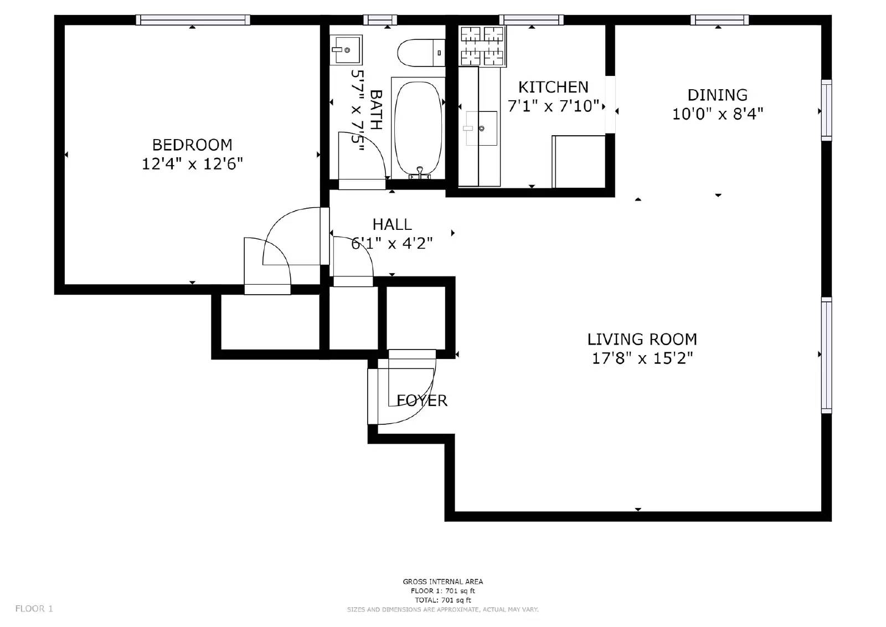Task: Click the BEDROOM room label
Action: pyautogui.click(x=192, y=145)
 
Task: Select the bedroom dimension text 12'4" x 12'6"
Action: pyautogui.click(x=192, y=164)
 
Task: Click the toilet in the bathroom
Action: pyautogui.click(x=421, y=53)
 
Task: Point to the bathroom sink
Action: pyautogui.click(x=346, y=50)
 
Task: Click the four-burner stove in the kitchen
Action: pyautogui.click(x=482, y=47)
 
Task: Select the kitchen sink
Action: pyautogui.click(x=481, y=129)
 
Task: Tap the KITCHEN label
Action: pyautogui.click(x=553, y=87)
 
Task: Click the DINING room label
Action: pyautogui.click(x=717, y=95)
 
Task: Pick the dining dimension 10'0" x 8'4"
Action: pyautogui.click(x=717, y=114)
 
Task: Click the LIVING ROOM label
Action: pyautogui.click(x=642, y=339)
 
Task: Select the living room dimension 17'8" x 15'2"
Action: pyautogui.click(x=642, y=358)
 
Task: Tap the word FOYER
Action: pyautogui.click(x=422, y=400)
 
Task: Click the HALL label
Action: pyautogui.click(x=392, y=224)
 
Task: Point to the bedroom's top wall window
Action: pyautogui.click(x=193, y=20)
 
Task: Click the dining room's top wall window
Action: pyautogui.click(x=719, y=20)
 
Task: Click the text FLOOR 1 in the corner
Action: pyautogui.click(x=34, y=609)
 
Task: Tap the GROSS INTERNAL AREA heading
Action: pyautogui.click(x=442, y=582)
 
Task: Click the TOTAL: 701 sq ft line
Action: pyautogui.click(x=442, y=600)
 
